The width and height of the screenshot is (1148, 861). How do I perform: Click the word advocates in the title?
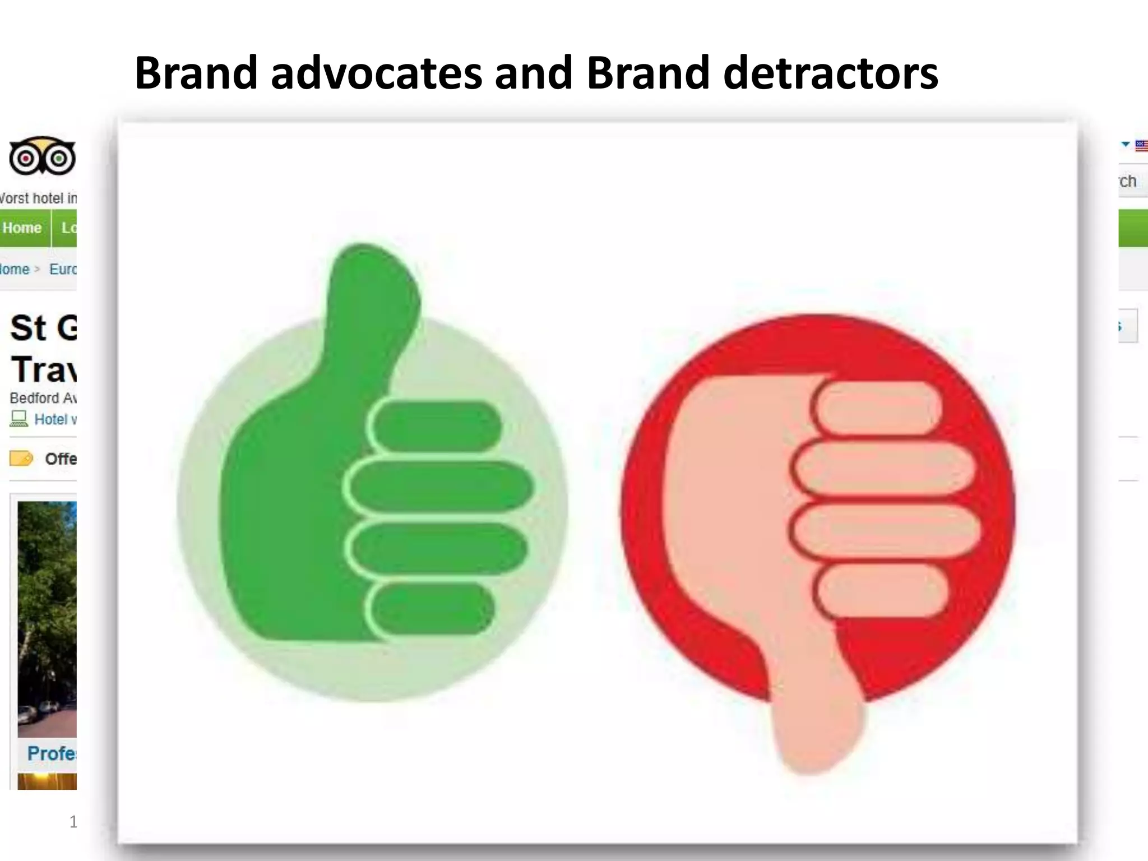[376, 73]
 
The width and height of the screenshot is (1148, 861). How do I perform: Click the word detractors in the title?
[831, 73]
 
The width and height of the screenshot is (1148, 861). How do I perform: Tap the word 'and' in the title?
[534, 73]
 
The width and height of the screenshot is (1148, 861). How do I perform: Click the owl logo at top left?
[42, 155]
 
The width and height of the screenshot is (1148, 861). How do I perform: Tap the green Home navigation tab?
[22, 228]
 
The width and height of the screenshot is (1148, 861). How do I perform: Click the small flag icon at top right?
[1141, 146]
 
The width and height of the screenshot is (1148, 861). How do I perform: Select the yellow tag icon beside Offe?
[21, 459]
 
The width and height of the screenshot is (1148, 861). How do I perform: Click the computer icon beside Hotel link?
[19, 419]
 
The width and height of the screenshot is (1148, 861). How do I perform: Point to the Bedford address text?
[43, 398]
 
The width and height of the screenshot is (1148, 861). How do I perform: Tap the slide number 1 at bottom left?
[73, 822]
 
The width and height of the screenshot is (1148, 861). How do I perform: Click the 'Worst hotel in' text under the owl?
[38, 198]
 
